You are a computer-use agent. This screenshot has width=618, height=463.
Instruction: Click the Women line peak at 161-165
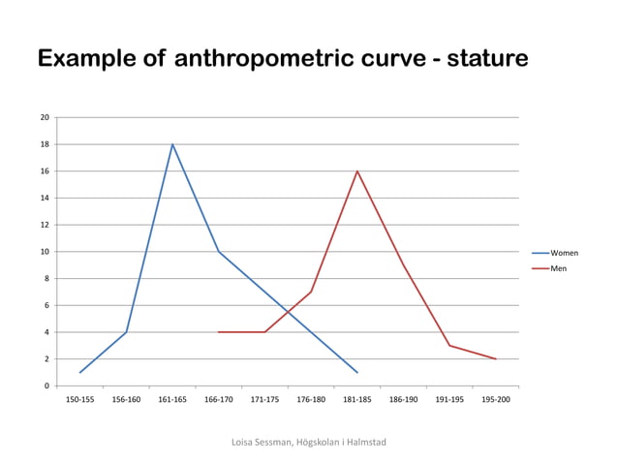tap(172, 144)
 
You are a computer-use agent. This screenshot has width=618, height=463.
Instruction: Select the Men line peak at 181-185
tap(357, 171)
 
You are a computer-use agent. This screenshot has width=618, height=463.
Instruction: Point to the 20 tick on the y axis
tap(45, 117)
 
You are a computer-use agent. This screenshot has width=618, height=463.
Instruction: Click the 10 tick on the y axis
tap(45, 252)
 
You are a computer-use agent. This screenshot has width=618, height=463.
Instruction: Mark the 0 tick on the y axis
tap(46, 386)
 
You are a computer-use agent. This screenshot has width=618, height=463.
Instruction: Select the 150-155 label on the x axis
tap(79, 399)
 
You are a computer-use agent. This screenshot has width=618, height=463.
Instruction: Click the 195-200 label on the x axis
tap(496, 399)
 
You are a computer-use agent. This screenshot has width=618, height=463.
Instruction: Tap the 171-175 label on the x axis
tap(264, 399)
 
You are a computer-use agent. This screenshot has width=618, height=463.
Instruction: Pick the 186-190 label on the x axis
tap(403, 399)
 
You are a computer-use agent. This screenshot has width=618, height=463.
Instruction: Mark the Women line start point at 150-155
tap(79, 372)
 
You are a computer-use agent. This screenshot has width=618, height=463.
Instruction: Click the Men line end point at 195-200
tap(496, 358)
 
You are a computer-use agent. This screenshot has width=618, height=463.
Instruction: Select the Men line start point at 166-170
tap(219, 332)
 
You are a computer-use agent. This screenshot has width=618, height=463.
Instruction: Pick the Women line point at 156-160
tap(126, 332)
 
